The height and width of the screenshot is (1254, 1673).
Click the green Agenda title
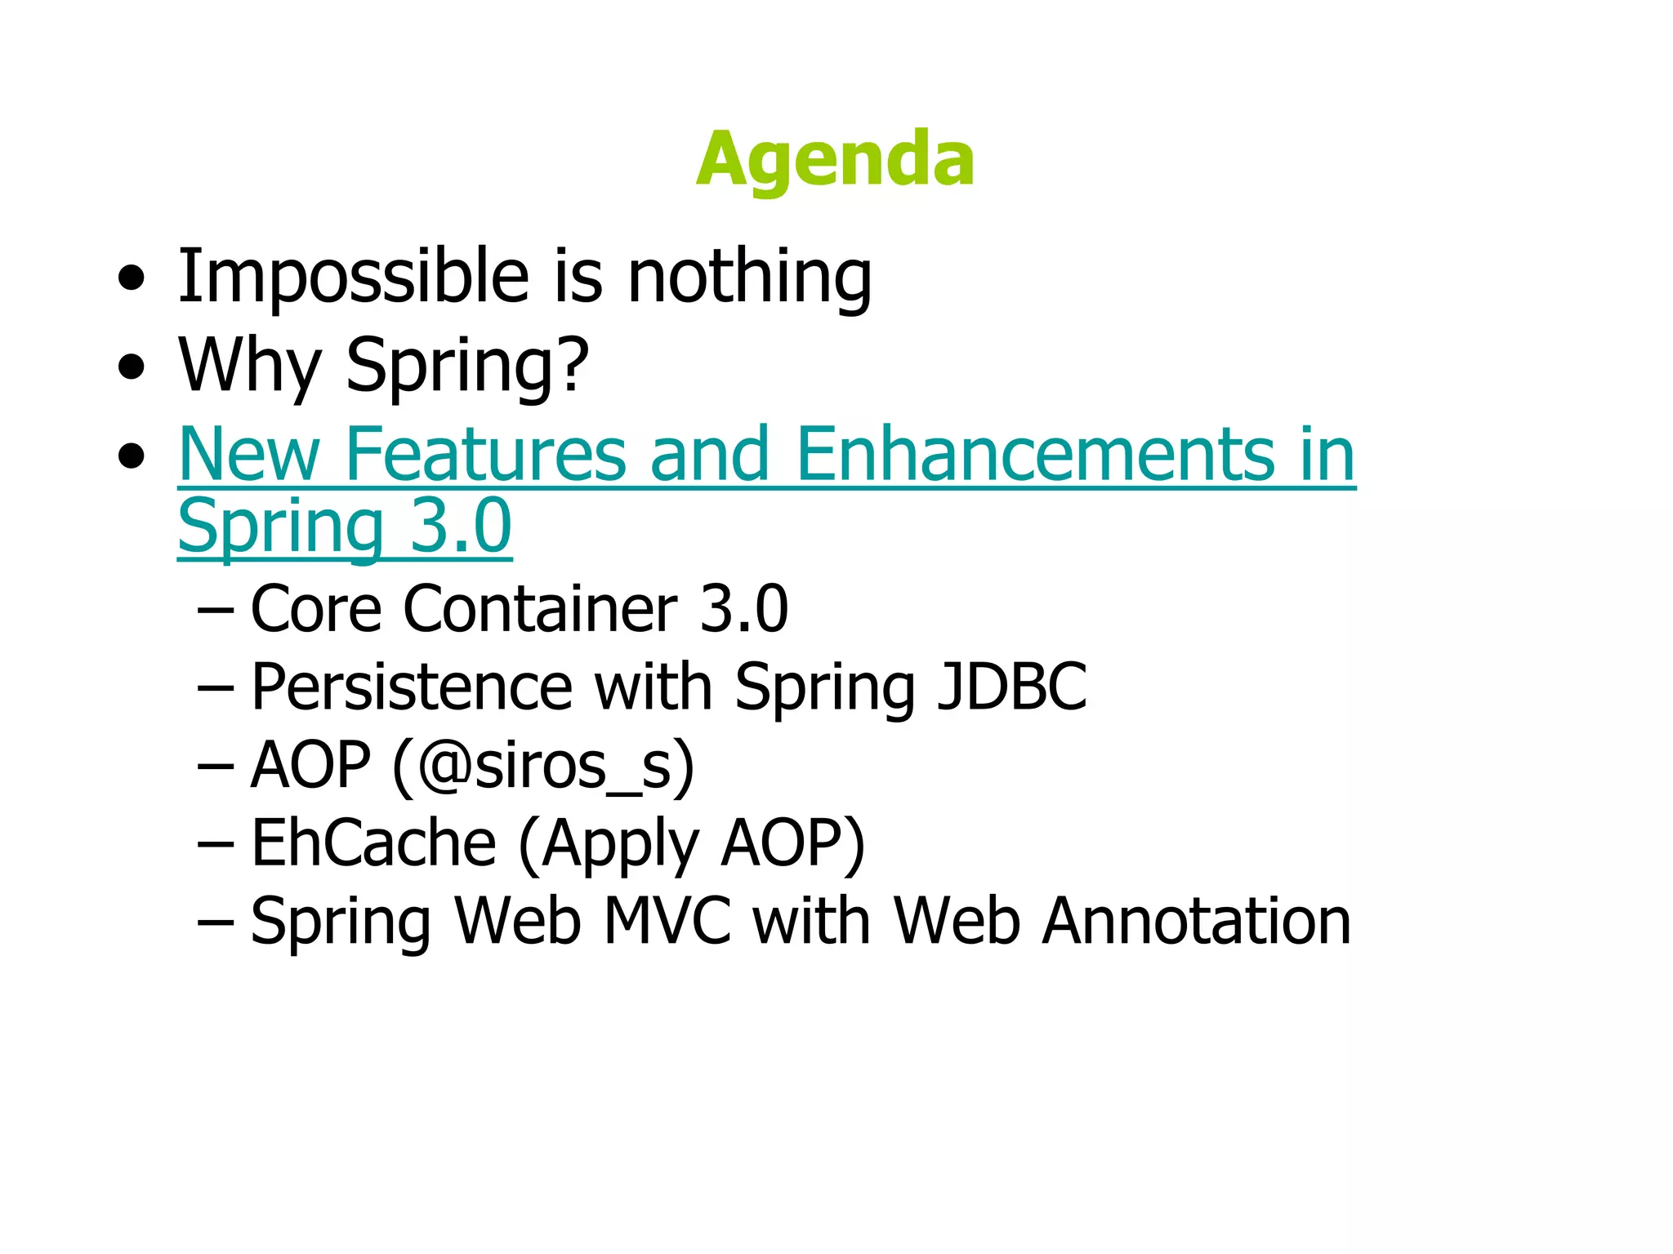tap(835, 159)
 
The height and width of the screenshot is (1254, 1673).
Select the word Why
tap(249, 365)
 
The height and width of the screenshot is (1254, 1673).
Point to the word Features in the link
tap(485, 454)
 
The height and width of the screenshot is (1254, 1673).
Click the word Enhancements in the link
tap(1033, 454)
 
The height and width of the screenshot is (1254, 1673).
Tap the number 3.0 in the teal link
tap(461, 526)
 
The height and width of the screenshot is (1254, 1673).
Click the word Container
tap(540, 609)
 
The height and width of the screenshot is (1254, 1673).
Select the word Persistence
tap(412, 687)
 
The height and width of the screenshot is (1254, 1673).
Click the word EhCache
tap(373, 843)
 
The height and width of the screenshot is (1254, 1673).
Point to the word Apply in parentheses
tap(620, 844)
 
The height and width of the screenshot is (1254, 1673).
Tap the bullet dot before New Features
tap(131, 456)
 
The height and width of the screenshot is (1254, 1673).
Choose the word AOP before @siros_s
tap(310, 766)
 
